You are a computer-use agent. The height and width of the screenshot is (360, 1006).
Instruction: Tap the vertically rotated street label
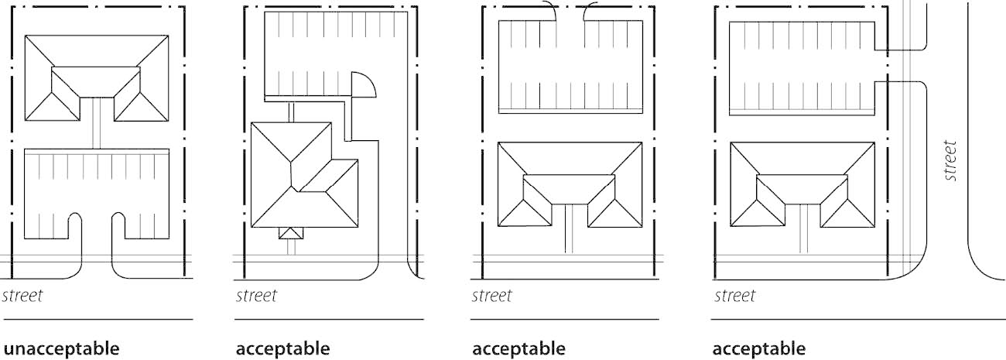click(x=951, y=160)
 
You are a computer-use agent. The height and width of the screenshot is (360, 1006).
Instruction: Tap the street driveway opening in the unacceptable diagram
click(x=98, y=248)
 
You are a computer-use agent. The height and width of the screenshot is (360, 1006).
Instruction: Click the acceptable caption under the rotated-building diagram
click(x=282, y=348)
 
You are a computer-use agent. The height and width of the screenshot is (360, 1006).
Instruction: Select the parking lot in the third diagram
click(x=571, y=66)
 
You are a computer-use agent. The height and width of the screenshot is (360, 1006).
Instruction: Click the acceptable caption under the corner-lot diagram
click(x=758, y=348)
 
